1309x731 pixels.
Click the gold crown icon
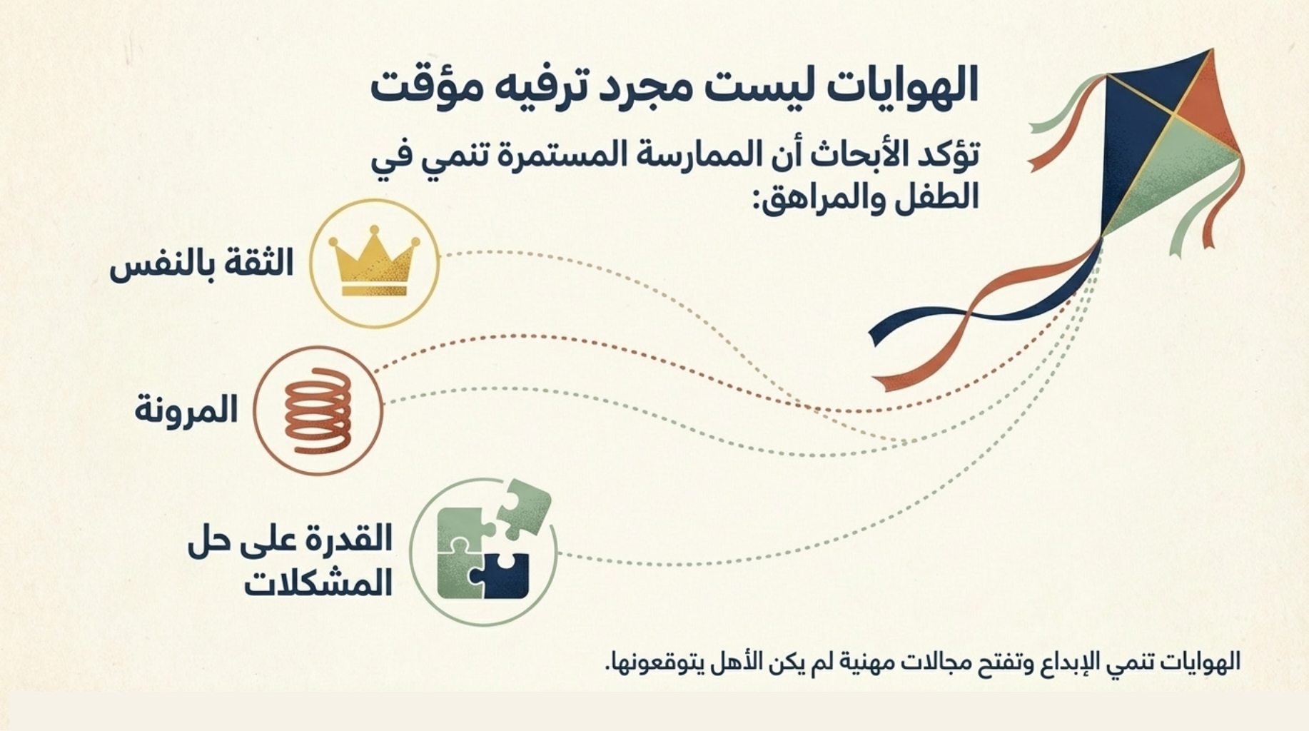[x=374, y=261]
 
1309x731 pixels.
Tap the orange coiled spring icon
[x=318, y=410]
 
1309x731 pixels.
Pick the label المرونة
[x=186, y=410]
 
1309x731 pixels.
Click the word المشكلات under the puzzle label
[x=318, y=582]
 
